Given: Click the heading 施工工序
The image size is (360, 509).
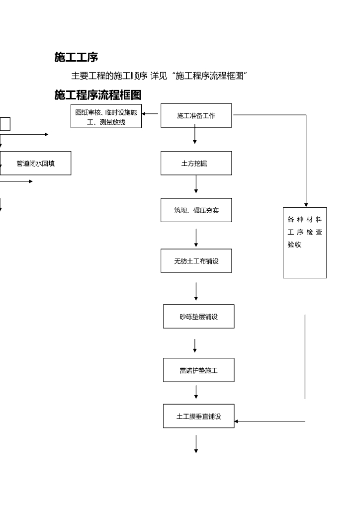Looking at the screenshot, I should [x=76, y=58].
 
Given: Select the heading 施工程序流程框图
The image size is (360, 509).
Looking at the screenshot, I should [x=98, y=95].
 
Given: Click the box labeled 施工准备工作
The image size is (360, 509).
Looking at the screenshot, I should [x=196, y=115].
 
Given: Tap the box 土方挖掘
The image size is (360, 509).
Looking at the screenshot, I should [x=196, y=163].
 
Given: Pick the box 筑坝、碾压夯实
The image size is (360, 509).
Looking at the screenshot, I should [x=196, y=210].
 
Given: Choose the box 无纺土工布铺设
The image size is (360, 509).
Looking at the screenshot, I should [x=196, y=260].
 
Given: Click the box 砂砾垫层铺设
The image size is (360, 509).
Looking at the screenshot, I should [x=198, y=316].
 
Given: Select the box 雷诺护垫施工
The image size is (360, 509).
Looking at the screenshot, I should [x=198, y=370].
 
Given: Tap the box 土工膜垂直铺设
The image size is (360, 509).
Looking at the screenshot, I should [x=198, y=416].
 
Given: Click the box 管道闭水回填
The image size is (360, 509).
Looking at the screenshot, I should [x=35, y=163].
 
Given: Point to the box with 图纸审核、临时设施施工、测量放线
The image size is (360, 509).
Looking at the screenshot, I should [x=106, y=116].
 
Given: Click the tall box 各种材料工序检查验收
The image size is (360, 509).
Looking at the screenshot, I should [x=305, y=242].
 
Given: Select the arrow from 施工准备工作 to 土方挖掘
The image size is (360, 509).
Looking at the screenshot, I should [x=194, y=135].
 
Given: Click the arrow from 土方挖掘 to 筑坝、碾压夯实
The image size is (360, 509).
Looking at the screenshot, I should [x=196, y=184].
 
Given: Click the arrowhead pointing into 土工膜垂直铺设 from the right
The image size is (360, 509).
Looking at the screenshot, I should [x=237, y=421].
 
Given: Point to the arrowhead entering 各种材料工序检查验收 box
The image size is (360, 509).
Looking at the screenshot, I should [x=306, y=204].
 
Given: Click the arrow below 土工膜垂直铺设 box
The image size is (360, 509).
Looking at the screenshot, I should [x=196, y=444].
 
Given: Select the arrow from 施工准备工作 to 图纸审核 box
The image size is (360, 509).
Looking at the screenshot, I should [x=151, y=114].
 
